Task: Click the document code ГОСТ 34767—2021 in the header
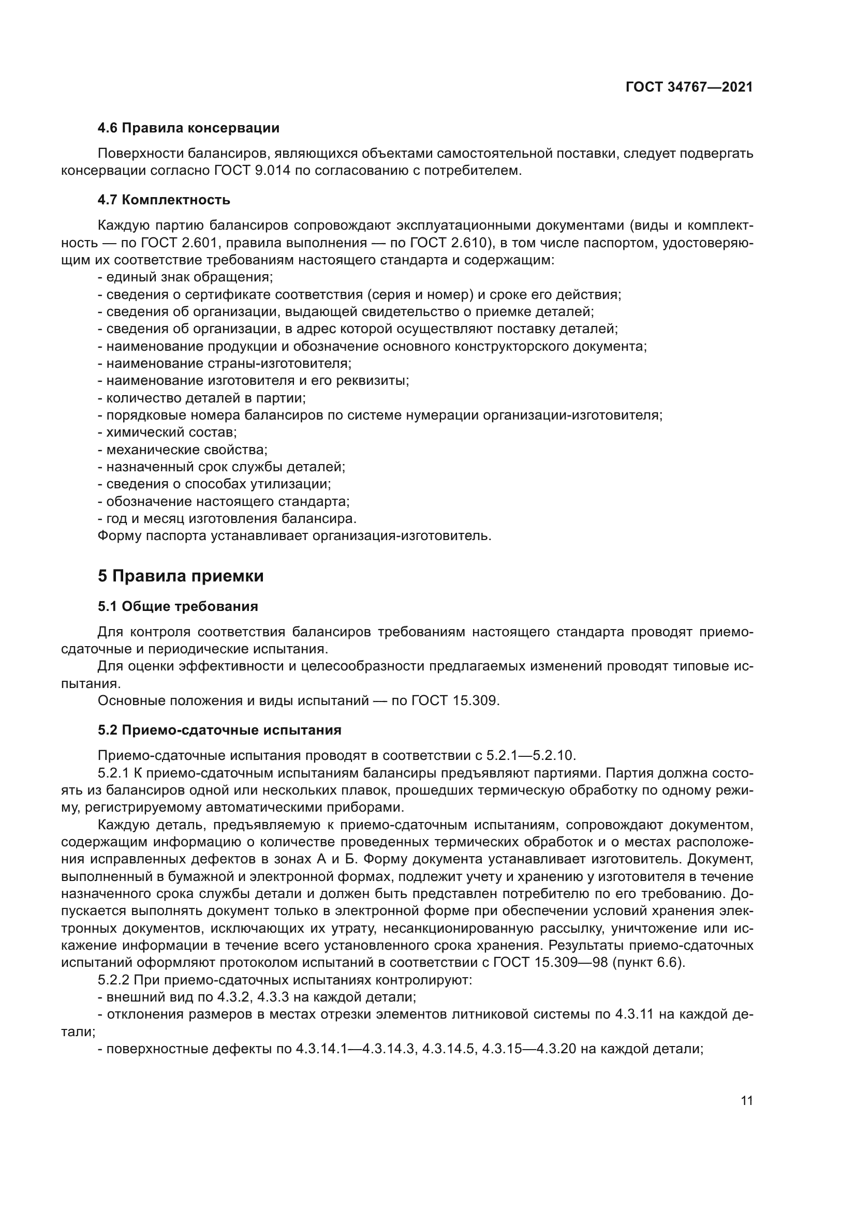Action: (x=689, y=87)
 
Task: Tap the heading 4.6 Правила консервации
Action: (x=188, y=128)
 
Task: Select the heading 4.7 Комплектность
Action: (x=164, y=200)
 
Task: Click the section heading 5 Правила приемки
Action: (x=180, y=576)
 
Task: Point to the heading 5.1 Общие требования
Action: (x=178, y=607)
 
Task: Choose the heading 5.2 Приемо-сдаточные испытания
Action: (x=219, y=730)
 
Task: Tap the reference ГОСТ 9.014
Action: (x=253, y=171)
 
